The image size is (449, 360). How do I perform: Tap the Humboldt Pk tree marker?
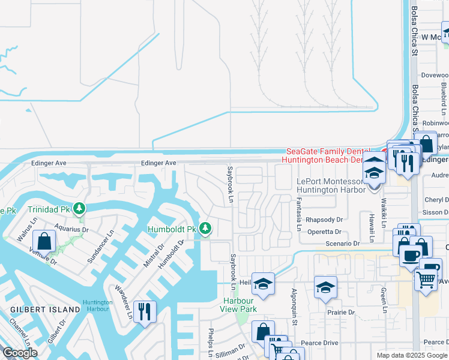[205, 229]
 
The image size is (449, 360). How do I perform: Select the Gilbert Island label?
[46, 309]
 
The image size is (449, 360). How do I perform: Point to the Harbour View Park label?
[240, 304]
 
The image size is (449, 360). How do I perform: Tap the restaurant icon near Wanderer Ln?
[145, 311]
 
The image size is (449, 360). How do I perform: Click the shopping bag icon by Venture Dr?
[45, 242]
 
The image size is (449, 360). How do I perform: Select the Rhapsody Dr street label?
[324, 220]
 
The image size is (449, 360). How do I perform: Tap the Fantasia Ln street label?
[298, 214]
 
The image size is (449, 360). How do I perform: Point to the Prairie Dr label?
[341, 312]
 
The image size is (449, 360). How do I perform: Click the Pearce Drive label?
[319, 343]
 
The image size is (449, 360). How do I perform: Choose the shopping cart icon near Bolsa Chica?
[426, 278]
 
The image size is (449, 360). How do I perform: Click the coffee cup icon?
[411, 254]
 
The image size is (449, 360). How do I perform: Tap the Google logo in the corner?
[20, 353]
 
